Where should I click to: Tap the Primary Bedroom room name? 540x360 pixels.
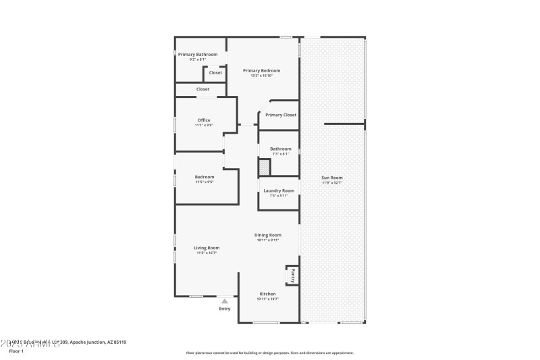click(x=262, y=70)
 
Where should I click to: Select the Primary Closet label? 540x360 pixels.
click(x=281, y=115)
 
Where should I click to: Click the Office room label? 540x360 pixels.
click(x=204, y=120)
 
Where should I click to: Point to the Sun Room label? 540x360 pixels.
click(x=331, y=178)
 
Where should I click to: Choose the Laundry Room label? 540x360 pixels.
click(x=279, y=190)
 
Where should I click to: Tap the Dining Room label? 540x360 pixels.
click(x=268, y=235)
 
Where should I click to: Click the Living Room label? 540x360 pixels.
click(x=208, y=248)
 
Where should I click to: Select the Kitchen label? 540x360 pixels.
click(x=268, y=294)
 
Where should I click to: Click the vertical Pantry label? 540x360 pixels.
click(x=293, y=275)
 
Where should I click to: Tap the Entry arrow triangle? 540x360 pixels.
click(x=225, y=301)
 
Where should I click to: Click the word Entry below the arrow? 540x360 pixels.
click(x=225, y=309)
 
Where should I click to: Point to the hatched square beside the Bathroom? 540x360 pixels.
click(x=264, y=167)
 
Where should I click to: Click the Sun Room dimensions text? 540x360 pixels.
click(x=331, y=183)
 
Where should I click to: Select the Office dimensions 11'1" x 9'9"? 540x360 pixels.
click(x=204, y=125)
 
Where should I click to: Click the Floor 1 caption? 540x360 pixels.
click(x=16, y=351)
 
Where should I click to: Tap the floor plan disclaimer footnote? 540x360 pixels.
click(x=270, y=353)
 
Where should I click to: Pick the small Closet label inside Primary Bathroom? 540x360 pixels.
click(x=215, y=72)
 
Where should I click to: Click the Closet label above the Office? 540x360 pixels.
click(x=202, y=89)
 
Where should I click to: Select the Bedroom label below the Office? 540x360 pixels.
click(x=205, y=177)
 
